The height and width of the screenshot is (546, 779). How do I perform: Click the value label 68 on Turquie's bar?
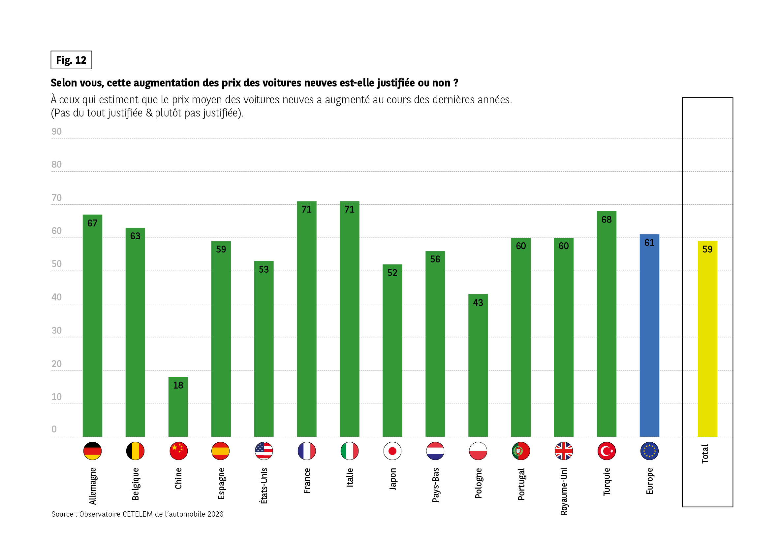click(x=606, y=220)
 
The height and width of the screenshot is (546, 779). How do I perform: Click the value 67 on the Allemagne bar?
click(x=92, y=223)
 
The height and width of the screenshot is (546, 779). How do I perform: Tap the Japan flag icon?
click(x=392, y=451)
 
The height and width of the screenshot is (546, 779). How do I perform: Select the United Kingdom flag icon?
click(x=564, y=451)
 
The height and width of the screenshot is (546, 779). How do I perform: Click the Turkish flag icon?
click(x=606, y=451)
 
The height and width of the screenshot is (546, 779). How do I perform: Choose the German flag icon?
click(x=92, y=451)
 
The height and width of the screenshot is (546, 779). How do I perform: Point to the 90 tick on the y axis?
click(x=57, y=131)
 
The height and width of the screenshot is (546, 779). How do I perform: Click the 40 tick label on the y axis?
click(x=57, y=297)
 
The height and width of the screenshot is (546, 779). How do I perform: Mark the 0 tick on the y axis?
click(x=54, y=429)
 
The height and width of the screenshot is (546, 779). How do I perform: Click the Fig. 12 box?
click(x=71, y=60)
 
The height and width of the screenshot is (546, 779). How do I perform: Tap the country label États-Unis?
click(x=264, y=486)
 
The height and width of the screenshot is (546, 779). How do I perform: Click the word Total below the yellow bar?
click(x=705, y=454)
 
